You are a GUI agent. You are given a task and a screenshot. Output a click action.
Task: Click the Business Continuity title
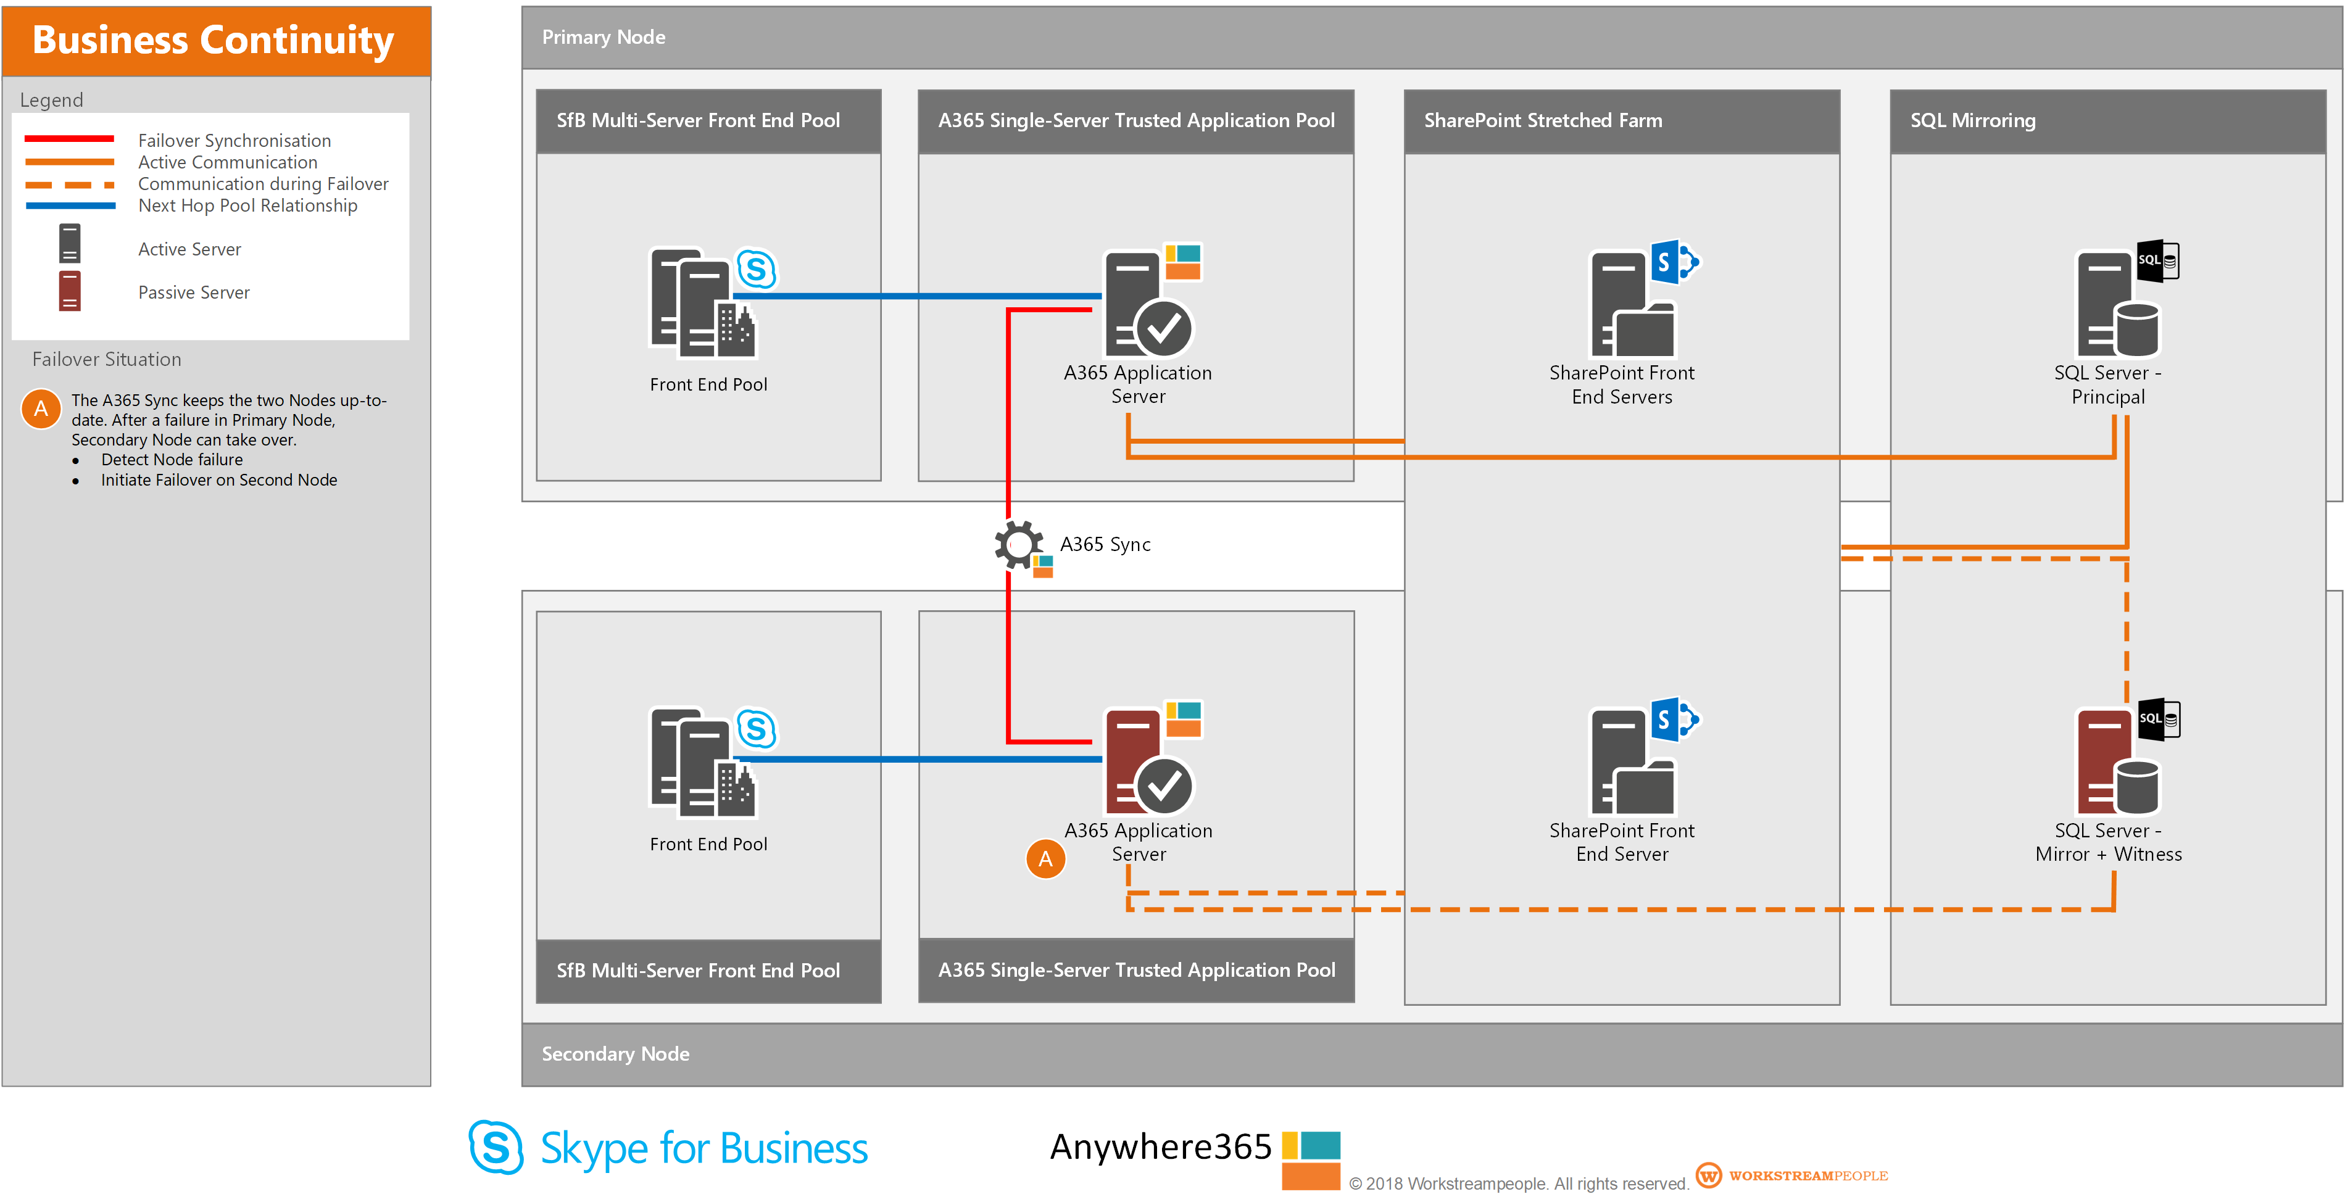pyautogui.click(x=213, y=40)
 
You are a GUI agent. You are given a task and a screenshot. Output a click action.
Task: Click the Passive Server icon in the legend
pyautogui.click(x=69, y=291)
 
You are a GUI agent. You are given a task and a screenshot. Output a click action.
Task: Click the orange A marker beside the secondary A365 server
pyautogui.click(x=1045, y=858)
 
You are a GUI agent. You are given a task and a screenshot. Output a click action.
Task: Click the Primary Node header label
pyautogui.click(x=603, y=37)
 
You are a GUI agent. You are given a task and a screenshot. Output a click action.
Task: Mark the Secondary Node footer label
pyautogui.click(x=615, y=1054)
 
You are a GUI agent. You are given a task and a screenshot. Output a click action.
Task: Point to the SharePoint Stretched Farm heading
pyautogui.click(x=1542, y=120)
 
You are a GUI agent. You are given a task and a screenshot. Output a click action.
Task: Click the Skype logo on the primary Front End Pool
pyautogui.click(x=757, y=269)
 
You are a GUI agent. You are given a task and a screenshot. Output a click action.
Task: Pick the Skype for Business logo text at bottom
pyautogui.click(x=703, y=1148)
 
